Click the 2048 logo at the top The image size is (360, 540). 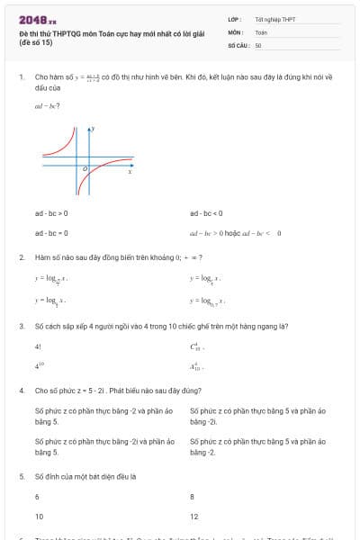[x=37, y=19]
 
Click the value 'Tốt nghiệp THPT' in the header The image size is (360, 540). [x=274, y=19]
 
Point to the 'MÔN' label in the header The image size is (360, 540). [x=236, y=31]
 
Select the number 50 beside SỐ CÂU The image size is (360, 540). [x=258, y=44]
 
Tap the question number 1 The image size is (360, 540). [x=21, y=78]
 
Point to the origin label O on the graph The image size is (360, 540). [x=85, y=167]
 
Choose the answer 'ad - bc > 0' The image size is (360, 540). [x=51, y=213]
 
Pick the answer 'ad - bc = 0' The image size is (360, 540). [x=51, y=232]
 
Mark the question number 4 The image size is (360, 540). [x=21, y=391]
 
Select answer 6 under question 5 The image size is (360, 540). [x=37, y=496]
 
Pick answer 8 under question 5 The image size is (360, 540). [x=192, y=496]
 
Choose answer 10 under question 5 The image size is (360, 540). [x=39, y=517]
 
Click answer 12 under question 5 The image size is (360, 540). [x=193, y=517]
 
